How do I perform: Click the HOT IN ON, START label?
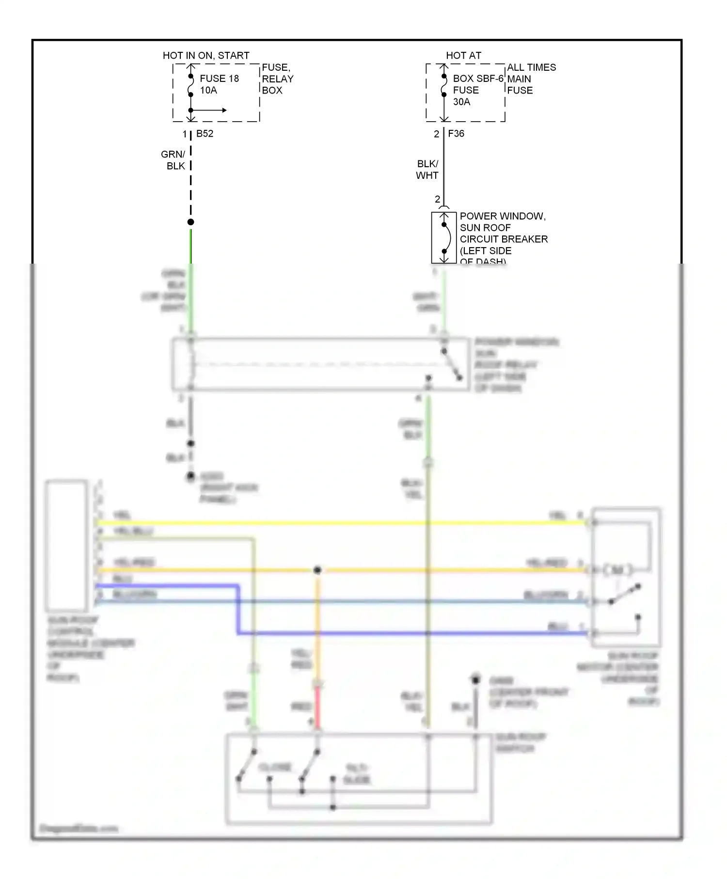click(x=206, y=56)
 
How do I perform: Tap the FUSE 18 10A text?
click(x=219, y=84)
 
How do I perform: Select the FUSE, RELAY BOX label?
click(x=277, y=78)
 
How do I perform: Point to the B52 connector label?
click(x=205, y=134)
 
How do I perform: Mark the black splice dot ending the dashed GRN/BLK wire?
click(x=191, y=222)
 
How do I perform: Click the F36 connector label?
click(x=456, y=134)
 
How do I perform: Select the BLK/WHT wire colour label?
click(x=427, y=170)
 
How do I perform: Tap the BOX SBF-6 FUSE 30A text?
click(x=477, y=90)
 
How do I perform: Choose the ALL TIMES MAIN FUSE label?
click(x=531, y=78)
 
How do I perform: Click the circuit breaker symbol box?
click(x=444, y=237)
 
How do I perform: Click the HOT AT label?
click(x=463, y=56)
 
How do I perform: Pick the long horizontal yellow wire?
click(x=339, y=523)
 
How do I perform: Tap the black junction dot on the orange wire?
click(x=317, y=570)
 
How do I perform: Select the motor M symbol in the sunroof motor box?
click(x=617, y=570)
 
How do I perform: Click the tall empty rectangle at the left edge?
click(x=66, y=545)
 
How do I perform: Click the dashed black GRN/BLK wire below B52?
click(x=191, y=179)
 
